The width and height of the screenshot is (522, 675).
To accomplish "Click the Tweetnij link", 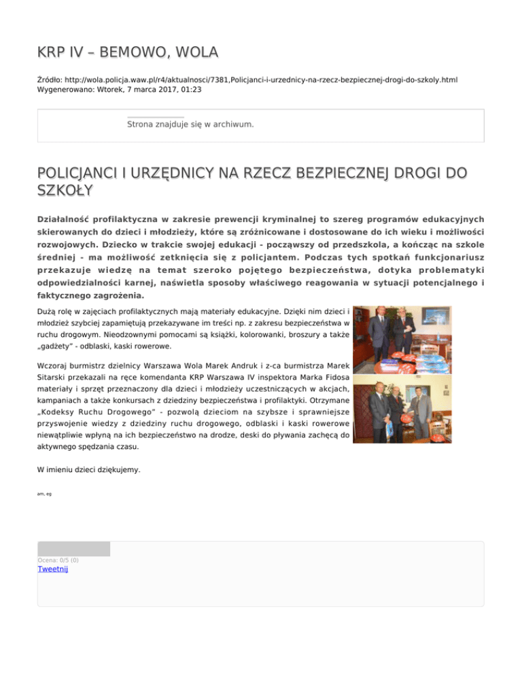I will point(52,569).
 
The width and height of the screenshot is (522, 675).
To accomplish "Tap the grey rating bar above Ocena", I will point(73,549).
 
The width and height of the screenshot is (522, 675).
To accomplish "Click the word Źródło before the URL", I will point(50,80).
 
